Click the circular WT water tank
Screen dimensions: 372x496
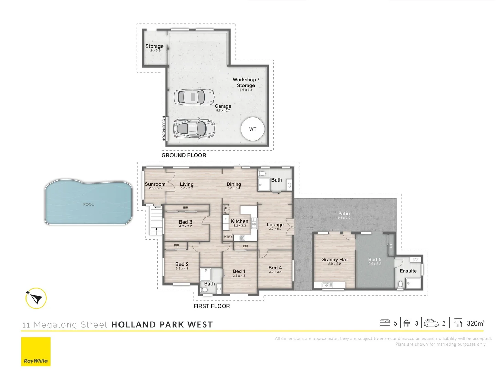pos(253,129)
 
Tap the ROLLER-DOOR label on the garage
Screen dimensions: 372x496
pos(164,128)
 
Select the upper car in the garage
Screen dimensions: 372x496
pos(193,97)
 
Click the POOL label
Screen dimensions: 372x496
pos(89,204)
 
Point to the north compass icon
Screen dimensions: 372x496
pos(36,298)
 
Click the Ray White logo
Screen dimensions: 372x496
pos(36,352)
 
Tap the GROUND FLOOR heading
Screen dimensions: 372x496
pos(184,155)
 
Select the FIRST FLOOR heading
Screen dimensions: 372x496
pos(211,306)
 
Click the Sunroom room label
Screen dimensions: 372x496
pos(155,184)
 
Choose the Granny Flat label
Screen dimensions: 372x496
pos(334,260)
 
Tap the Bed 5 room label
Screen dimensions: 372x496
pos(375,260)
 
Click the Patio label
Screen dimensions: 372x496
pos(344,214)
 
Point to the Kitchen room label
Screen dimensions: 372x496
pos(239,221)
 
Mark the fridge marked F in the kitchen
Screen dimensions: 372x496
pos(226,219)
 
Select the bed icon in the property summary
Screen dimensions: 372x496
pos(384,323)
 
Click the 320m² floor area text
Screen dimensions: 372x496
pos(475,323)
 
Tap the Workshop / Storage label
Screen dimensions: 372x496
pos(246,82)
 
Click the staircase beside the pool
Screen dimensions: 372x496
pos(156,220)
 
